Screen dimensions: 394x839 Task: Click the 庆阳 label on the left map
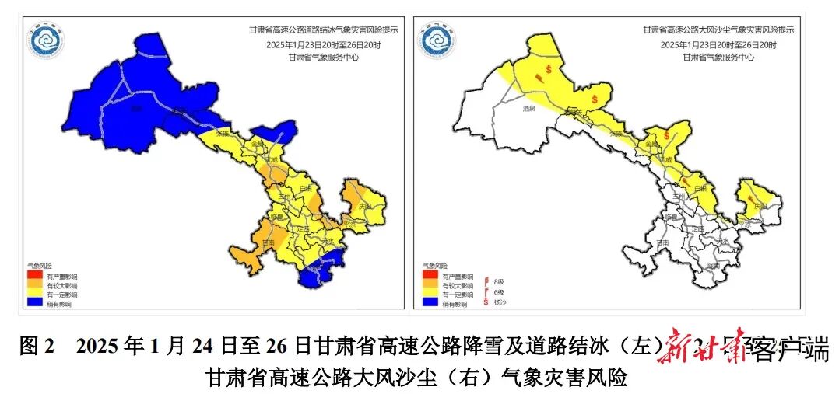pyautogui.click(x=363, y=207)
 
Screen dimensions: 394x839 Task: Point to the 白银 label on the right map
pyautogui.click(x=699, y=189)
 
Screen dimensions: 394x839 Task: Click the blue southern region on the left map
pyautogui.click(x=318, y=274)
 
